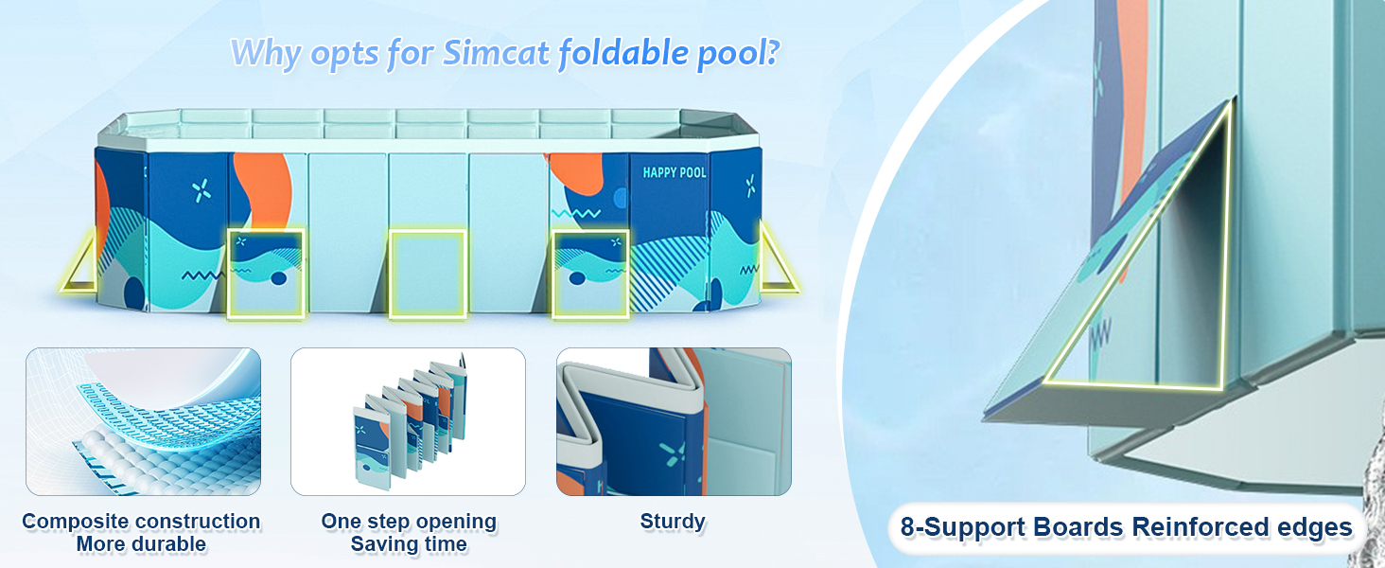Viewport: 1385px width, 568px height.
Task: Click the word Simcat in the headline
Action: (x=496, y=52)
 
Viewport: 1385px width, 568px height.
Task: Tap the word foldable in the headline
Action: (x=623, y=53)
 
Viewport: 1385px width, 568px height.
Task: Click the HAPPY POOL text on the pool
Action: (x=674, y=172)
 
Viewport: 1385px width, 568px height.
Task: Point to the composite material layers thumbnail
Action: (x=143, y=421)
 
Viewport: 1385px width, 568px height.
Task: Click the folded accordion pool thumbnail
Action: (x=408, y=421)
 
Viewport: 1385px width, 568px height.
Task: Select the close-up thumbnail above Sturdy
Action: (x=674, y=421)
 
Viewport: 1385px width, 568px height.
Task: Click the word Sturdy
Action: (x=673, y=522)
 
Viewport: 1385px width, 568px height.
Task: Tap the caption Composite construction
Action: (x=141, y=522)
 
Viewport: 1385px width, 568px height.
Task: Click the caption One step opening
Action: (x=409, y=522)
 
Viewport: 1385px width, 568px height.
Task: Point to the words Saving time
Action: (x=409, y=544)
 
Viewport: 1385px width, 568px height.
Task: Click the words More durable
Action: (x=141, y=544)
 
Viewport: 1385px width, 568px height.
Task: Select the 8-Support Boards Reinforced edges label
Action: (x=1127, y=527)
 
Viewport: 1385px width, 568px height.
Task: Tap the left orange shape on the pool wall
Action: (x=263, y=188)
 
